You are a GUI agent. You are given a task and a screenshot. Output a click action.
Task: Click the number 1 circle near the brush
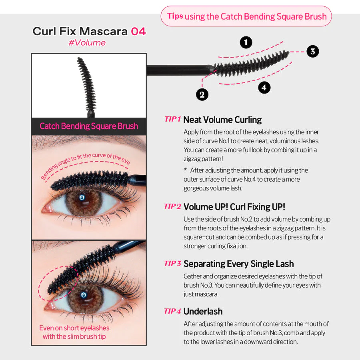(246, 42)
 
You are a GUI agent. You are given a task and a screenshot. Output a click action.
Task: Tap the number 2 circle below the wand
(202, 94)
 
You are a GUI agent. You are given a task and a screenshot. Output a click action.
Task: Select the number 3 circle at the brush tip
(313, 51)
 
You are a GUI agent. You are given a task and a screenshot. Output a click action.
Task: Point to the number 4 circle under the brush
(264, 88)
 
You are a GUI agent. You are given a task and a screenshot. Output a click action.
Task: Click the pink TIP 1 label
(173, 119)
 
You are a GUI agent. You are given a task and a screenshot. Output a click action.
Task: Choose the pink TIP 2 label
(173, 206)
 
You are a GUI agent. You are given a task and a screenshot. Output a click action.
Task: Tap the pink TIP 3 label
(173, 263)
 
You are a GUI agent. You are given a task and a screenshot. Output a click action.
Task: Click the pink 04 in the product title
(138, 32)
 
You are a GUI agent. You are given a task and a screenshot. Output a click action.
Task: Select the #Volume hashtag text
(87, 43)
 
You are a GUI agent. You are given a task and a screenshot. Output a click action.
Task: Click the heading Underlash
(203, 311)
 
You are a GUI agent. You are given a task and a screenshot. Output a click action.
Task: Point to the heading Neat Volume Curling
(222, 120)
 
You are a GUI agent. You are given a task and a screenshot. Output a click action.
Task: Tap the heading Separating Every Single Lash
(238, 264)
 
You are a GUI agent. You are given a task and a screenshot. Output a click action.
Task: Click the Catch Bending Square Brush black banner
(89, 126)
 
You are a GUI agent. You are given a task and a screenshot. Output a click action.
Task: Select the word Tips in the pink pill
(175, 16)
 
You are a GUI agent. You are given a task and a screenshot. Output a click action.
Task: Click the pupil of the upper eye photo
(82, 198)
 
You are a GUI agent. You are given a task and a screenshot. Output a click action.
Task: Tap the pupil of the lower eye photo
(84, 295)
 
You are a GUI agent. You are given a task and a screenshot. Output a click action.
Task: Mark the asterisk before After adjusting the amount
(185, 170)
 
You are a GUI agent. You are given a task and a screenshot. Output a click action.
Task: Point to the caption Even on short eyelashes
(74, 328)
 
